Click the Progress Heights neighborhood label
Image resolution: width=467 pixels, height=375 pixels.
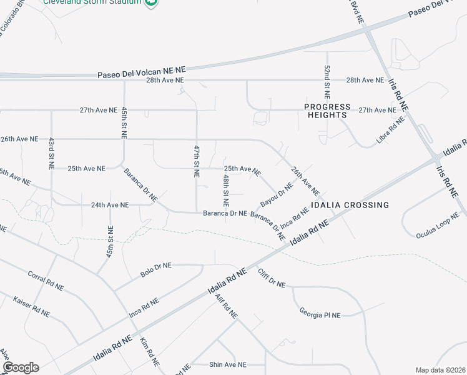point(327,111)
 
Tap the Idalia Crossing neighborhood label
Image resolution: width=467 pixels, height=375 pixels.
point(352,205)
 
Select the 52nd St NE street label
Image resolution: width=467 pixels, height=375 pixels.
point(327,82)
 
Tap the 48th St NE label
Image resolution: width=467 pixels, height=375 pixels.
point(226,191)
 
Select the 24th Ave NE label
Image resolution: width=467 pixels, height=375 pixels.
point(110,205)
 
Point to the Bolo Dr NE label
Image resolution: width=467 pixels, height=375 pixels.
point(156,269)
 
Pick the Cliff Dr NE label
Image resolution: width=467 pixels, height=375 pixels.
point(271,277)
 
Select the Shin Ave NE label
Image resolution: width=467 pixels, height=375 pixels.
point(228,364)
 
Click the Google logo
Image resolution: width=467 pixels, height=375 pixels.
point(21,367)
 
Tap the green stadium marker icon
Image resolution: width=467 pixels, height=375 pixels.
point(151,3)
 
